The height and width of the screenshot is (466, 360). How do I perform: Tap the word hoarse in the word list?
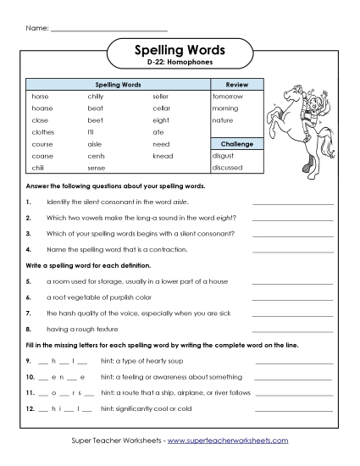click(42, 108)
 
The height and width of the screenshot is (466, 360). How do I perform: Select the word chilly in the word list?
click(95, 97)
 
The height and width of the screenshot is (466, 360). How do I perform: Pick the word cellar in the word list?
click(161, 108)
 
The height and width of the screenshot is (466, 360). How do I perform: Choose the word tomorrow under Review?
click(227, 97)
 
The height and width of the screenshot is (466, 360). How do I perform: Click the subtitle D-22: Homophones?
click(180, 64)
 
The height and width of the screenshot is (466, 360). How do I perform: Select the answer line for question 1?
click(292, 204)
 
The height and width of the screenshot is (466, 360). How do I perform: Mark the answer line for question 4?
click(292, 251)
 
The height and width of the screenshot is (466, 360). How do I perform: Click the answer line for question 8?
click(292, 329)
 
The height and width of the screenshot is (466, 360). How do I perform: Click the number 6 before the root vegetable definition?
click(28, 297)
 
